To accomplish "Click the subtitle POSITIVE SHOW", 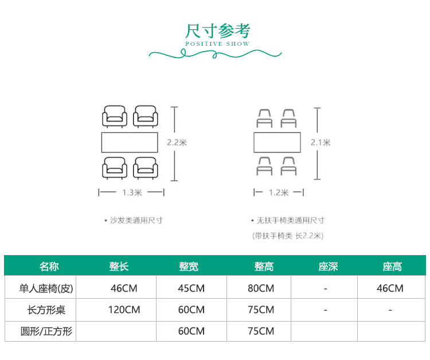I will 217,44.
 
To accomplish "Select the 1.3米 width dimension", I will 132,193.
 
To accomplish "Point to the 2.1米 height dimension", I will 320,143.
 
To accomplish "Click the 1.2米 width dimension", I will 278,193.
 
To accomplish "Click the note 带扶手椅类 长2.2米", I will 288,236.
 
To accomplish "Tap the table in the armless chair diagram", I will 277,143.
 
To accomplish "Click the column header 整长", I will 119,267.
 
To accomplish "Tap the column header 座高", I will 392,267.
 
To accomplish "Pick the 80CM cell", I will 261,288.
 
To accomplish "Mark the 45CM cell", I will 191,288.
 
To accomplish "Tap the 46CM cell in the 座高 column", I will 390,288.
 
